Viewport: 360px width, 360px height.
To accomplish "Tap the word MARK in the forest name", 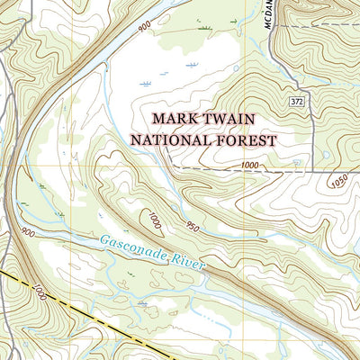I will tap(174, 119).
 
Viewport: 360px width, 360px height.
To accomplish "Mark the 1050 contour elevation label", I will tap(337, 180).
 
